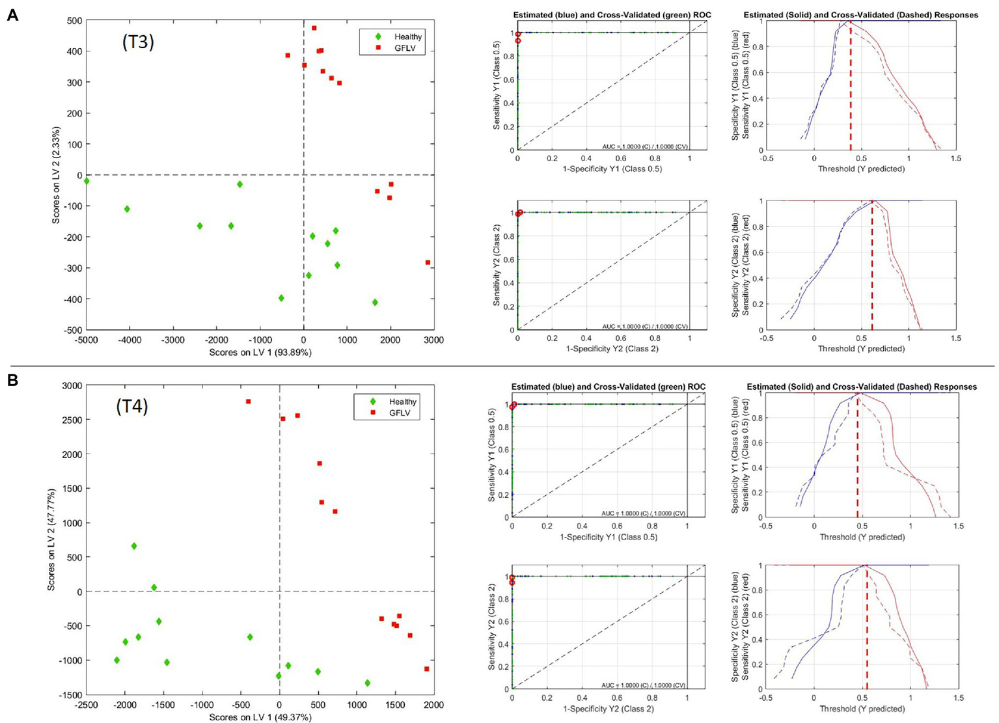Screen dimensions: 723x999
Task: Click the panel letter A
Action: (12, 15)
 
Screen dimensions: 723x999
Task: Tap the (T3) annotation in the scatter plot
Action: (137, 42)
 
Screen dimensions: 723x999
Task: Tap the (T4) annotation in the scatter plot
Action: (132, 407)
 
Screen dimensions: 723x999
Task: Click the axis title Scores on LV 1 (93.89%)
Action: (260, 352)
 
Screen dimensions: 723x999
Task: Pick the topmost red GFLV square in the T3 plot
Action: (314, 28)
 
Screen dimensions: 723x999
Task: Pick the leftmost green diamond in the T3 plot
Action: (87, 181)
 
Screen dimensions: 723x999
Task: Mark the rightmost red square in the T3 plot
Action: (428, 262)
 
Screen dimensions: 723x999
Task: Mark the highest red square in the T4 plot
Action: (248, 402)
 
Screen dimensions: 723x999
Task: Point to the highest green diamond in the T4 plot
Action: (134, 546)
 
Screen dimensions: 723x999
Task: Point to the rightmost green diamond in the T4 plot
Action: (368, 683)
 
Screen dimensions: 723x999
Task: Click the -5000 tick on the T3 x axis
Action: (87, 340)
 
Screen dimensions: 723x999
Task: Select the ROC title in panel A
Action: (612, 15)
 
